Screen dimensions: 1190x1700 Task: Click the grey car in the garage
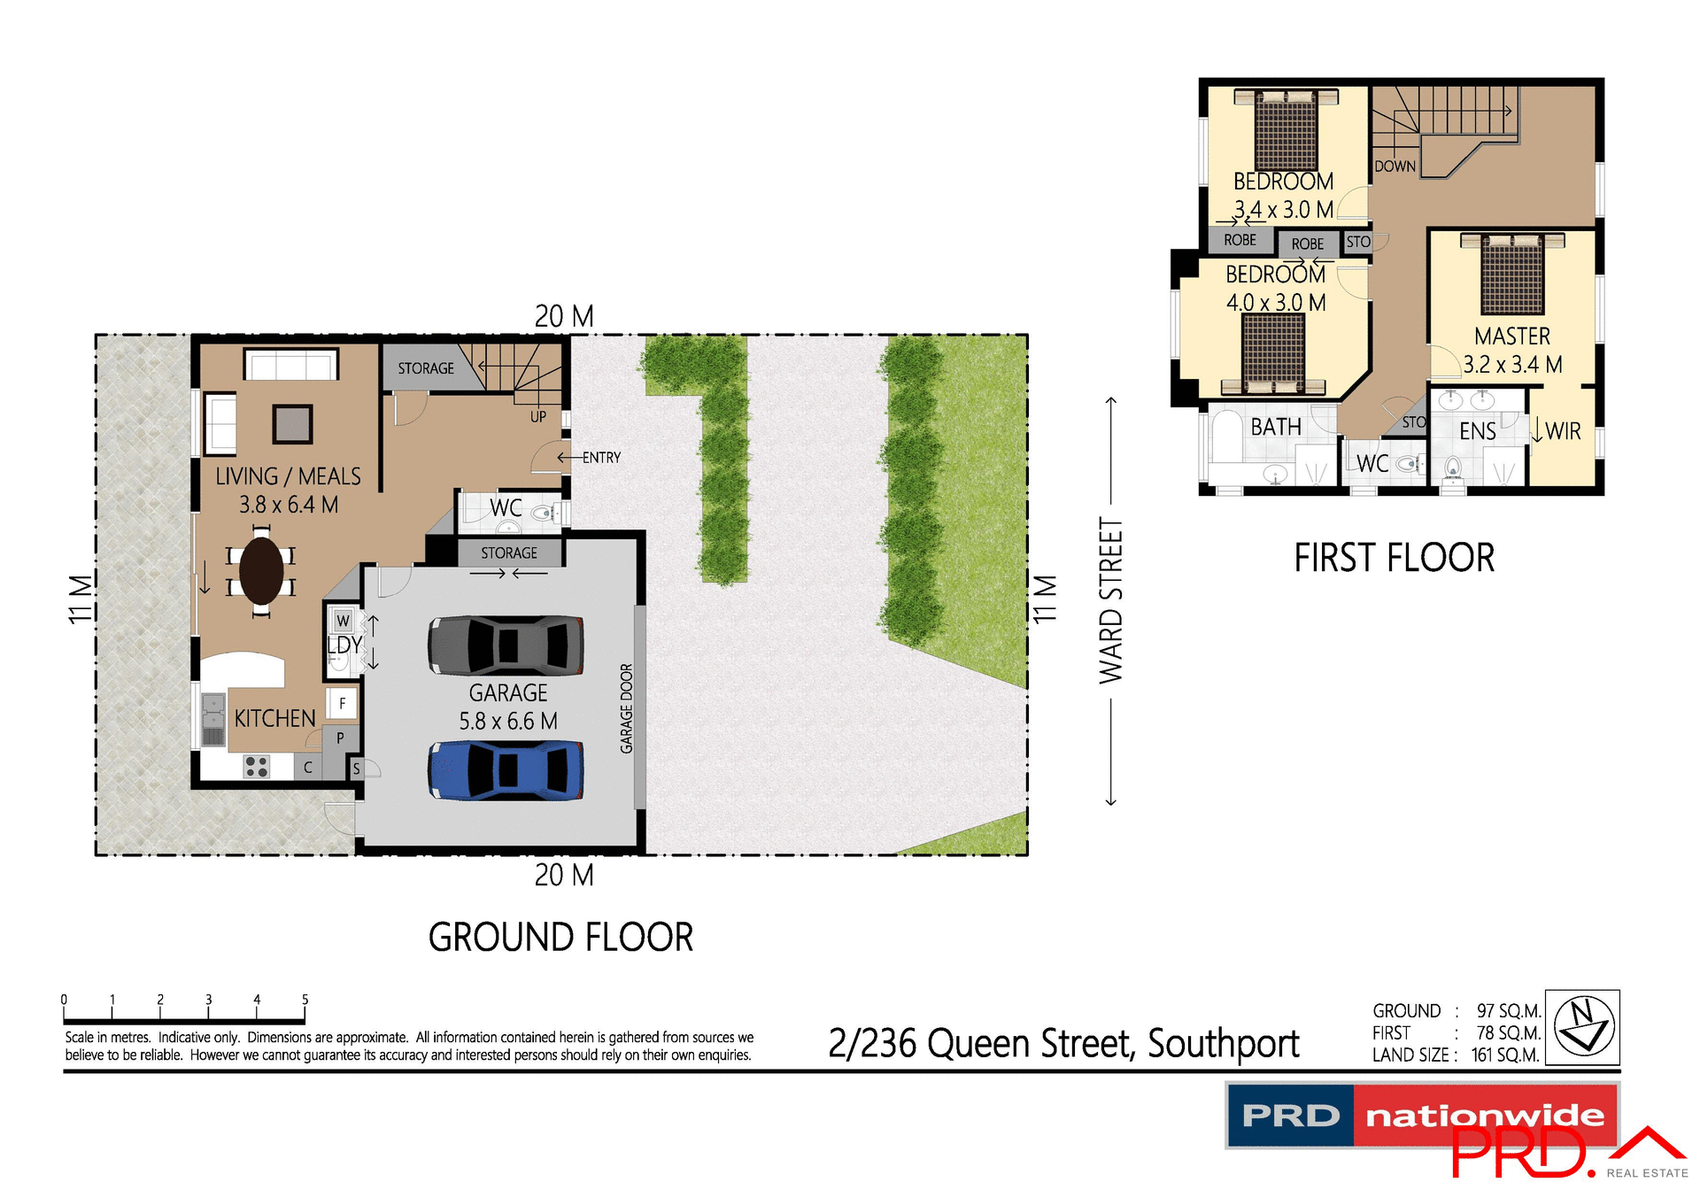506,645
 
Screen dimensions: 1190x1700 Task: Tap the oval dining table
261,571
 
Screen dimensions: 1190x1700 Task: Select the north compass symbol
1583,1026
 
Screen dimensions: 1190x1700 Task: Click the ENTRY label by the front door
601,458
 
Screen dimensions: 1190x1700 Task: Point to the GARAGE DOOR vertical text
627,708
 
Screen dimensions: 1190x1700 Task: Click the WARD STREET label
1110,600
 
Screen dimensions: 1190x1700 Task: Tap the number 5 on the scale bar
305,1000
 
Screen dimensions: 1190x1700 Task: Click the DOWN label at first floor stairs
1395,166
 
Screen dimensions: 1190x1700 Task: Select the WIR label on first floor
1563,431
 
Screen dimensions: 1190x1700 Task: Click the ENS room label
1477,431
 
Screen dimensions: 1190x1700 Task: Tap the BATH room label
1276,427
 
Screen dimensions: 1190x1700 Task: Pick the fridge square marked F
343,704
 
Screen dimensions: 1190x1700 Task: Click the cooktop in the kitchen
257,766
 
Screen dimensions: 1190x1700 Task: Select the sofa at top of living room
291,364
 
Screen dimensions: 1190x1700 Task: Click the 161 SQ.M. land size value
1505,1055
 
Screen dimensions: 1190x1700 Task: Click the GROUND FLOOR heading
560,938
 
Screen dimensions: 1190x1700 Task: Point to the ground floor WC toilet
541,513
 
